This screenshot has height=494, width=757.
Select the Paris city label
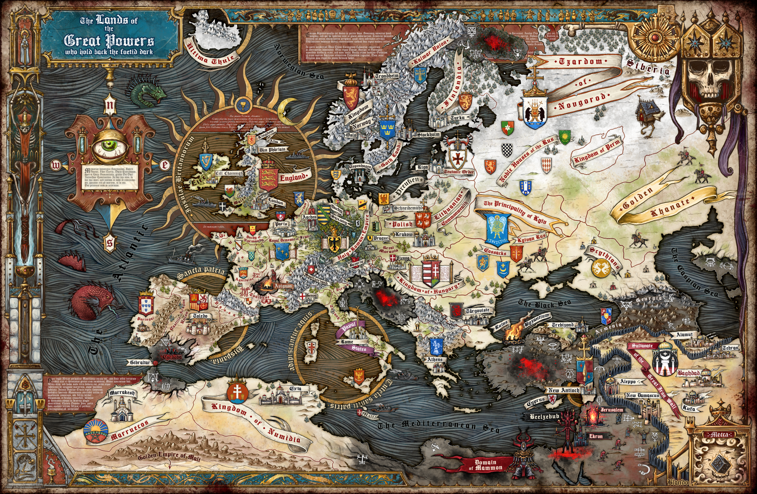click(281, 224)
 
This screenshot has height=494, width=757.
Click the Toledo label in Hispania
click(201, 316)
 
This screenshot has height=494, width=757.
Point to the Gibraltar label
click(140, 362)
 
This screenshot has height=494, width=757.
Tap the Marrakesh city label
click(122, 393)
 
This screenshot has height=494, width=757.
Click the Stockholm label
click(429, 135)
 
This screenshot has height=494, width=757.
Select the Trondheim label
click(387, 76)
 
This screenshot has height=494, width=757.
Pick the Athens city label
click(435, 359)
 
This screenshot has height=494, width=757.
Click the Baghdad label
click(688, 373)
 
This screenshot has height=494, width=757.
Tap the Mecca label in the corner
click(720, 434)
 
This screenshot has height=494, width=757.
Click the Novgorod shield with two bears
click(534, 111)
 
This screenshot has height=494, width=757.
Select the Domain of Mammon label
click(486, 465)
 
